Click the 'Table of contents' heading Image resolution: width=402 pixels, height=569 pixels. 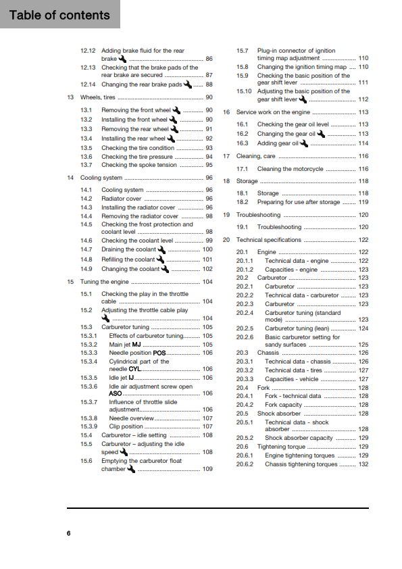[x=59, y=15]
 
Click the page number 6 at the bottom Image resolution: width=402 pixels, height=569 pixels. [x=68, y=534]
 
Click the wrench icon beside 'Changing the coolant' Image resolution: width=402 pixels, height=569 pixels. [x=165, y=269]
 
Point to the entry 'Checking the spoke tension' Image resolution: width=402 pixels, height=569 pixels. [x=139, y=165]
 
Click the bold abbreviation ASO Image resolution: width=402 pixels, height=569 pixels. [x=116, y=393]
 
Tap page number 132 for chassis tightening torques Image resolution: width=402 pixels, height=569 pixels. [x=363, y=464]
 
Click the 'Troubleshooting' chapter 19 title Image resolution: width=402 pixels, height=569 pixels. [x=259, y=215]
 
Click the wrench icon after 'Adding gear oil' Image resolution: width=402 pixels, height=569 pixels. [x=304, y=143]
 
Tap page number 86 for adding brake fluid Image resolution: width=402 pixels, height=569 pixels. [x=209, y=59]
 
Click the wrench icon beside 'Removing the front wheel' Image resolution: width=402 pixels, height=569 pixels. [x=176, y=110]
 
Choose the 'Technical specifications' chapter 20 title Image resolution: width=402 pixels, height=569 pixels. [x=268, y=240]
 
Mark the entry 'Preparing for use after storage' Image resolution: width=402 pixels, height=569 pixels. [x=299, y=202]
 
